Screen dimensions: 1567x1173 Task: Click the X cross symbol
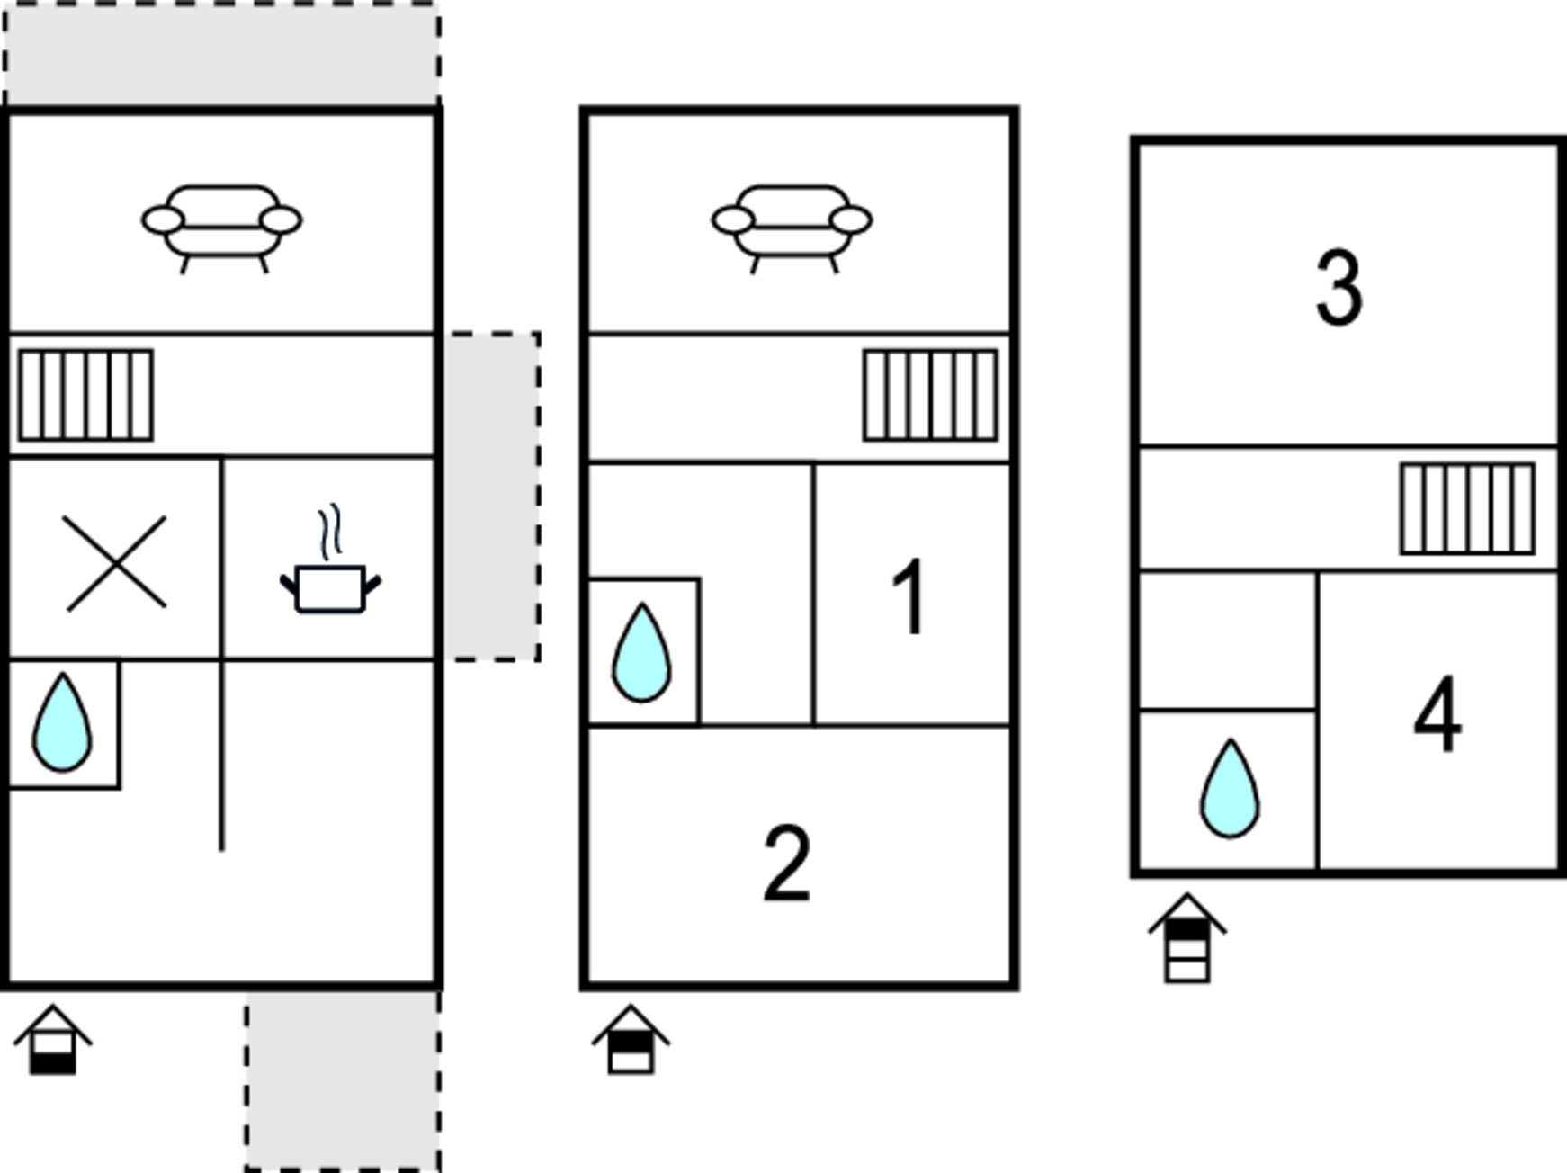(x=116, y=564)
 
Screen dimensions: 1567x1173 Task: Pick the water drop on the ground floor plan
(x=62, y=722)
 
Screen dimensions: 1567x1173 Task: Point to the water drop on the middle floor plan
(x=641, y=652)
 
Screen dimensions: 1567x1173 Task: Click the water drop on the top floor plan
(x=1230, y=789)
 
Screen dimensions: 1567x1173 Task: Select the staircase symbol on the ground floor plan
(x=85, y=396)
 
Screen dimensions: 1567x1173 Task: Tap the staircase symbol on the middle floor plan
(x=930, y=396)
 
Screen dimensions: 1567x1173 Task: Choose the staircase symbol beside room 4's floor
(x=1467, y=508)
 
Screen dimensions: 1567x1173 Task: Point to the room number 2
(x=787, y=864)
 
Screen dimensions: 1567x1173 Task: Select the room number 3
(x=1339, y=288)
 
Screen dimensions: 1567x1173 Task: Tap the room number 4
(x=1437, y=715)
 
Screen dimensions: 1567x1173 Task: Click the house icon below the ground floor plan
(x=52, y=1040)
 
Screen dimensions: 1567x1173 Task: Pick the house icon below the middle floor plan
(x=631, y=1040)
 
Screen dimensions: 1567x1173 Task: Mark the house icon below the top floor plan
(x=1187, y=938)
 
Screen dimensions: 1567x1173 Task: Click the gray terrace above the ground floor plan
(x=222, y=54)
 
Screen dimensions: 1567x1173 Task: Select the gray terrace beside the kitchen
(x=492, y=497)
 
